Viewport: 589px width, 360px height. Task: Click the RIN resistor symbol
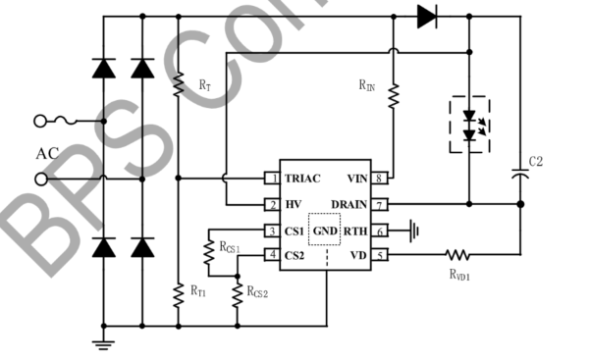pyautogui.click(x=392, y=95)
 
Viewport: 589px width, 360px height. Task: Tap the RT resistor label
pyautogui.click(x=204, y=86)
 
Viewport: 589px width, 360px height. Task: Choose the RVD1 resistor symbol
pyautogui.click(x=458, y=256)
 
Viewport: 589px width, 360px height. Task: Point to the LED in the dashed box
pyautogui.click(x=468, y=123)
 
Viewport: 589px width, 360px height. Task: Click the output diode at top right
pyautogui.click(x=426, y=16)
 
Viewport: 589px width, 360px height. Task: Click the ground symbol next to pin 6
pyautogui.click(x=417, y=231)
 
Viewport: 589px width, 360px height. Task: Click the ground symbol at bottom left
pyautogui.click(x=102, y=343)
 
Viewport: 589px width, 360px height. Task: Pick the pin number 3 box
pyautogui.click(x=271, y=231)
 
